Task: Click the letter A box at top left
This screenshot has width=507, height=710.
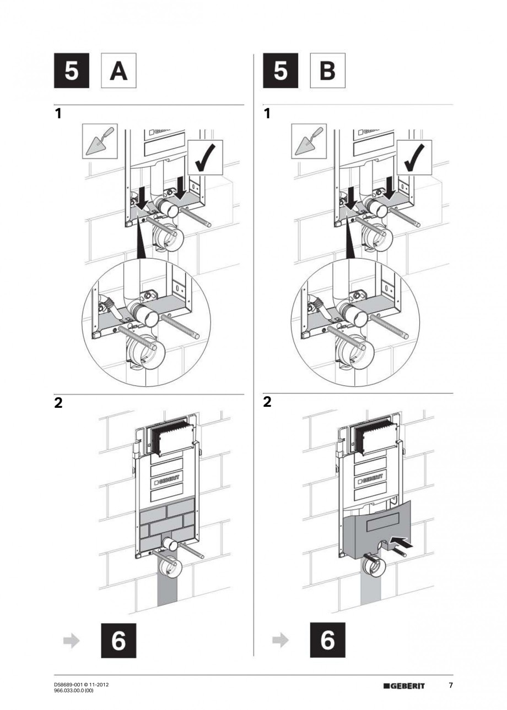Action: (119, 71)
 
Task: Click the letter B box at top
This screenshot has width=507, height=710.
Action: (327, 71)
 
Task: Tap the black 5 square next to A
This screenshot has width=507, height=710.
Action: (72, 71)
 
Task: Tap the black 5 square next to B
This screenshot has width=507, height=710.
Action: (281, 71)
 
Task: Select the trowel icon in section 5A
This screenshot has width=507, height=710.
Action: (99, 141)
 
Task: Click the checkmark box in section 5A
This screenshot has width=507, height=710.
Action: (205, 157)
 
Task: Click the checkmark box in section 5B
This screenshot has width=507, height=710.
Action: (414, 157)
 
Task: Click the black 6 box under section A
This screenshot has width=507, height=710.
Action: (118, 641)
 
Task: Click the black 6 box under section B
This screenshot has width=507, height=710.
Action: (327, 641)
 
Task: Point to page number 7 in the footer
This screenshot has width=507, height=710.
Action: (450, 685)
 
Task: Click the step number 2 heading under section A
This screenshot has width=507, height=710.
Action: (58, 403)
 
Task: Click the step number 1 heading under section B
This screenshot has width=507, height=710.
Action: (267, 114)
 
